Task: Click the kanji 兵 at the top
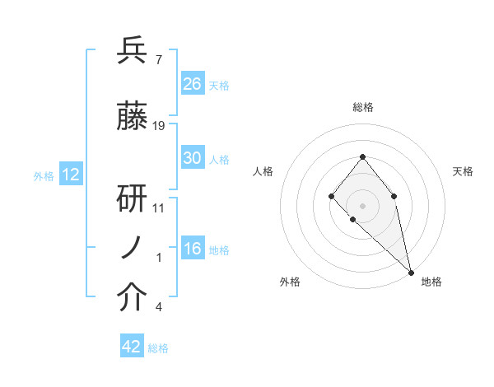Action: pyautogui.click(x=133, y=51)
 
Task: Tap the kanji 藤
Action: pyautogui.click(x=133, y=118)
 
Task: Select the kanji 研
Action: pyautogui.click(x=133, y=198)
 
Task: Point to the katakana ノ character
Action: pyautogui.click(x=132, y=249)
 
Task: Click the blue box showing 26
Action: pyautogui.click(x=193, y=84)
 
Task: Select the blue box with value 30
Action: pyautogui.click(x=193, y=158)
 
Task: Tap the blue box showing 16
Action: pyautogui.click(x=193, y=249)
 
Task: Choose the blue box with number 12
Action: pyautogui.click(x=71, y=175)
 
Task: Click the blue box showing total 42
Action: pyautogui.click(x=132, y=347)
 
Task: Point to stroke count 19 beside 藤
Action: pyautogui.click(x=159, y=126)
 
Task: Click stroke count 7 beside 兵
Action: pyautogui.click(x=158, y=59)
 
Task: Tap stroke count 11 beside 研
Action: pyautogui.click(x=159, y=207)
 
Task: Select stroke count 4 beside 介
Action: pyautogui.click(x=158, y=307)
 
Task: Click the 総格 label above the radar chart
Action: pyautogui.click(x=362, y=107)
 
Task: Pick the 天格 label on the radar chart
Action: pyautogui.click(x=463, y=171)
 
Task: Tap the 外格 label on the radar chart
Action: pyautogui.click(x=290, y=282)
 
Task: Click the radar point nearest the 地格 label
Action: pyautogui.click(x=411, y=272)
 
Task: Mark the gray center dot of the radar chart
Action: pyautogui.click(x=362, y=205)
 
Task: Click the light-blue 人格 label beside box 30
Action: pyautogui.click(x=219, y=159)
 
